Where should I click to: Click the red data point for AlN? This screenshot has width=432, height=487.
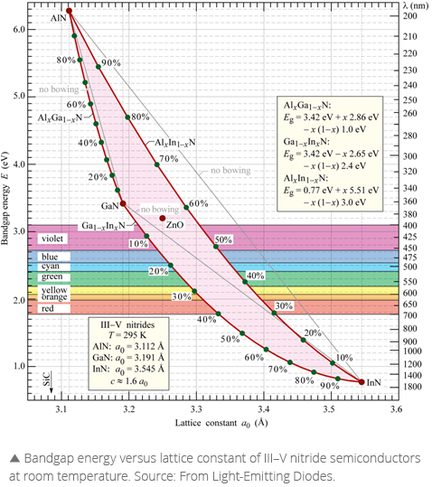point(70,11)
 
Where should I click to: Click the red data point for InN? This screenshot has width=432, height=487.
point(362,382)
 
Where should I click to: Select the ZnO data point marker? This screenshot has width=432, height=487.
point(163,219)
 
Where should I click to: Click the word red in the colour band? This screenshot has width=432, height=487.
point(48,308)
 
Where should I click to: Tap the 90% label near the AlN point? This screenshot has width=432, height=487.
point(110,63)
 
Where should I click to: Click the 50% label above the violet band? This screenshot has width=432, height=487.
point(223,239)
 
